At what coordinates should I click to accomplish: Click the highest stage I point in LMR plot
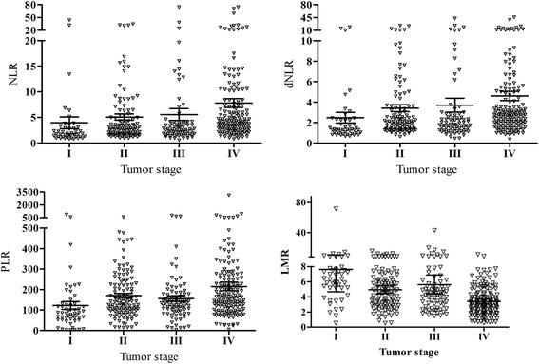click(335, 208)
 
